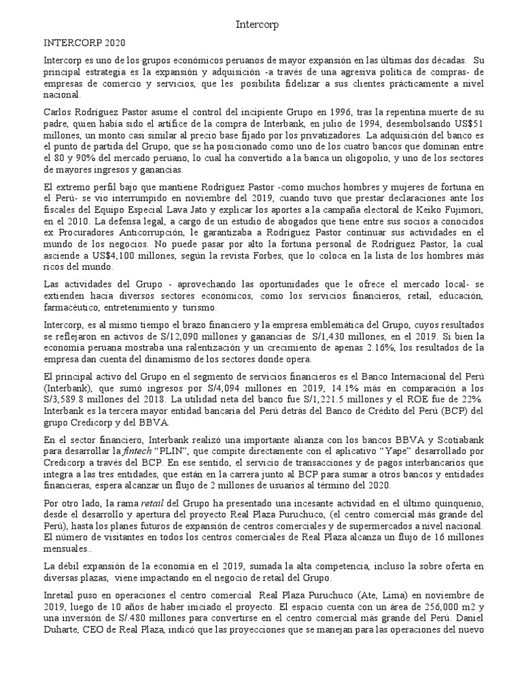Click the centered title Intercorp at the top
256,24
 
